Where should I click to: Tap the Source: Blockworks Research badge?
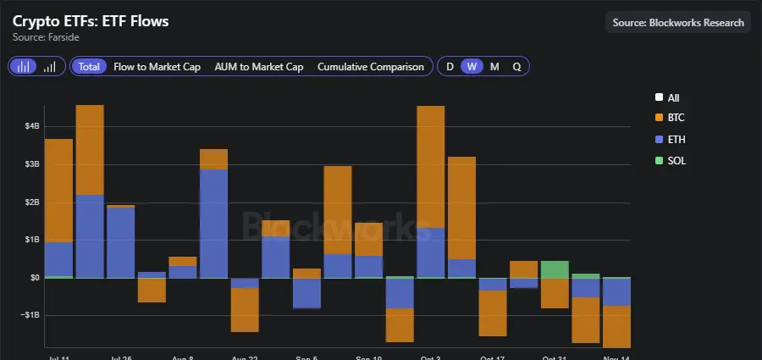tap(678, 23)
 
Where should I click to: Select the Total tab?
tap(89, 66)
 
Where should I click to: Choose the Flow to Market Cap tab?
tap(157, 66)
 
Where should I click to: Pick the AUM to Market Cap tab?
tap(258, 66)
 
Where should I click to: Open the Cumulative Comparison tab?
tap(370, 66)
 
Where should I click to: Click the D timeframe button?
tap(450, 66)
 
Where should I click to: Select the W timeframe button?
tap(472, 66)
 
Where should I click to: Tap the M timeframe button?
tap(494, 66)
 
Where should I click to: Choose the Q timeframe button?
tap(516, 66)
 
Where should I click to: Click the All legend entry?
tap(673, 98)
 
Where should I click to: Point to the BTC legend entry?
tap(675, 119)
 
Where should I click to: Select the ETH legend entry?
tap(675, 139)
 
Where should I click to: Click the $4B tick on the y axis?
tap(31, 126)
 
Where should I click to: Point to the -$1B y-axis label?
tap(30, 315)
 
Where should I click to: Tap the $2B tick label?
tap(31, 202)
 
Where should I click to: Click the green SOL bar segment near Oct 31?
tap(555, 269)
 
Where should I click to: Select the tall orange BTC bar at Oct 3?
tap(431, 166)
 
